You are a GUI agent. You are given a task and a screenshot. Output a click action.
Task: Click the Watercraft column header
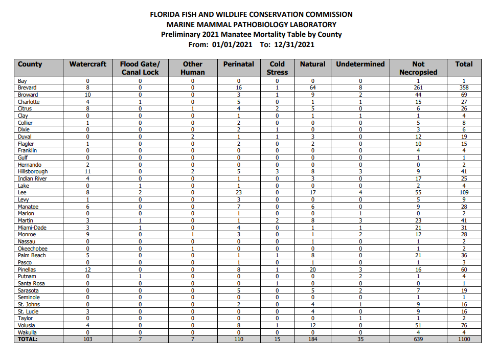tap(88, 64)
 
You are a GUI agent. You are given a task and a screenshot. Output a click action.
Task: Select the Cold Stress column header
tap(277, 68)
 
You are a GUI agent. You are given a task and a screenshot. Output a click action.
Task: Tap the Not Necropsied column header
tap(418, 68)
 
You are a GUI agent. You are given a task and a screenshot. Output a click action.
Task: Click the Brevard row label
tap(27, 88)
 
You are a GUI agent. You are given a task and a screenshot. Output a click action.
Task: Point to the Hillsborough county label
tap(33, 172)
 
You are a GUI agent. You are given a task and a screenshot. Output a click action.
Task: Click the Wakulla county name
tap(28, 332)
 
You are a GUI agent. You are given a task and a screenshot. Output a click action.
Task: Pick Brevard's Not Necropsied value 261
tap(418, 88)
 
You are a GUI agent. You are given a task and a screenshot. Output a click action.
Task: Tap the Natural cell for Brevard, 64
tap(312, 88)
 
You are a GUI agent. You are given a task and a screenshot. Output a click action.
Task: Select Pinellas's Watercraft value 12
tap(88, 269)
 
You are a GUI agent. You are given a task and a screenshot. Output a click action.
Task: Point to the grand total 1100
tap(464, 339)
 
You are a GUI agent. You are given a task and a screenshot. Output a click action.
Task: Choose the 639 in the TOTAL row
tap(418, 339)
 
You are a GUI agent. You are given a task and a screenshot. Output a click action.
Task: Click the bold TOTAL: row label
tap(28, 339)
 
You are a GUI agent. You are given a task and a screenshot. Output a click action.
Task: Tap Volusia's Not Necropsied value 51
tap(418, 325)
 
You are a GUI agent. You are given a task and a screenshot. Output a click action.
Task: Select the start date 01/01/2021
tap(232, 44)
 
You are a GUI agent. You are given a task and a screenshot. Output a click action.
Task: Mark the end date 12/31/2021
tap(294, 44)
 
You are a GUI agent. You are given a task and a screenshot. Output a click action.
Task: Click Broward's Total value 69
tap(464, 95)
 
